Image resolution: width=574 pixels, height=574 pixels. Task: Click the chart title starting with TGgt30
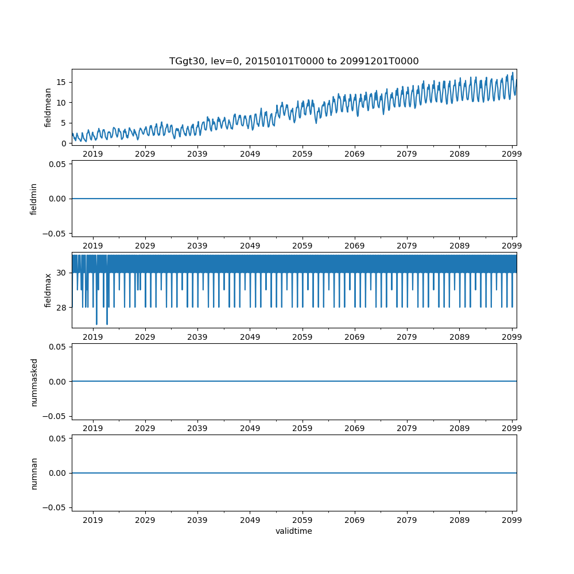point(294,61)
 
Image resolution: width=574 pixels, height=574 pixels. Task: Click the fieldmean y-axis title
point(48,107)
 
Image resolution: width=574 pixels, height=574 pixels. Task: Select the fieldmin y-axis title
point(33,199)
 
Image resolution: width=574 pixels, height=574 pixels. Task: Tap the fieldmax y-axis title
point(48,290)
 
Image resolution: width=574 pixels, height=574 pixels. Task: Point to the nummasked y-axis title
point(33,382)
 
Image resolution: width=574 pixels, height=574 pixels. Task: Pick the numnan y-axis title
point(33,473)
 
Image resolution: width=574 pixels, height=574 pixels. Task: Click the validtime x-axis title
point(294,532)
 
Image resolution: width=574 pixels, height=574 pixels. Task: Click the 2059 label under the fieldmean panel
point(302,154)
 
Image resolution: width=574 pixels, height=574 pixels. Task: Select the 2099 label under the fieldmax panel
point(511,337)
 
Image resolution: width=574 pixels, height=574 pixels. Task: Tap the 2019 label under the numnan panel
point(93,520)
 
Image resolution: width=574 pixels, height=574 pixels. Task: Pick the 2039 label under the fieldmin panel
point(197,246)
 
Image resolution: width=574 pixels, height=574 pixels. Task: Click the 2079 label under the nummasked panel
point(407,429)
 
